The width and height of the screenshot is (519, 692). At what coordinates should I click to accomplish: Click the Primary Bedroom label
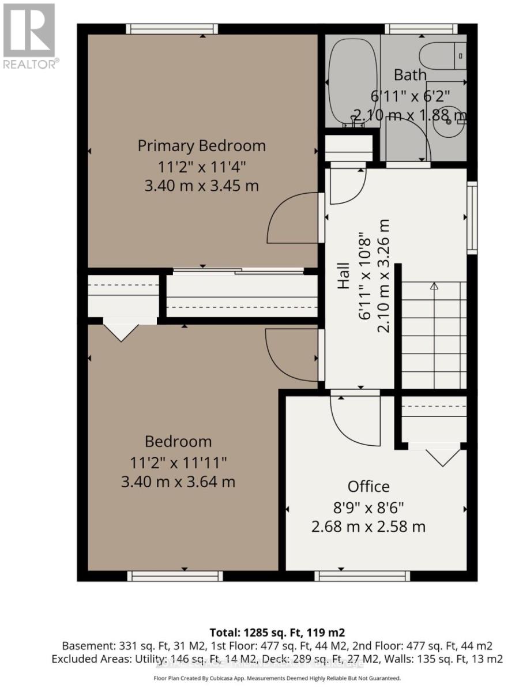coord(201,145)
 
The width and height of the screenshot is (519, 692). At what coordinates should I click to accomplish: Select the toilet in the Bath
coord(442,57)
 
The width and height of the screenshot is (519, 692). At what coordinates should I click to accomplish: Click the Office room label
coord(368,486)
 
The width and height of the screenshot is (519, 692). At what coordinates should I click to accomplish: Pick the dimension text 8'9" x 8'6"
coord(368,507)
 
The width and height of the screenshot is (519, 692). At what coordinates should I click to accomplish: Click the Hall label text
coord(344,276)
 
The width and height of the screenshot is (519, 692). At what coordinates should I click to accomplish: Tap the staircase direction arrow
coord(434,285)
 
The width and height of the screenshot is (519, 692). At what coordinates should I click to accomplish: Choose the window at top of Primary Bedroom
coord(172,29)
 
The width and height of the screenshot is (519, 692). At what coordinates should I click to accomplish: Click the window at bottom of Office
coord(362,575)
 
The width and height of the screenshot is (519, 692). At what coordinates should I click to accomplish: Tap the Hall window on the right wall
coord(472,217)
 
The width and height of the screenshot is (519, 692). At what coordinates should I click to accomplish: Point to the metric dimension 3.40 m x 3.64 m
coord(178,482)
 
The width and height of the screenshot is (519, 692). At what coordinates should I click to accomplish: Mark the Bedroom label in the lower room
coord(178,441)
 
